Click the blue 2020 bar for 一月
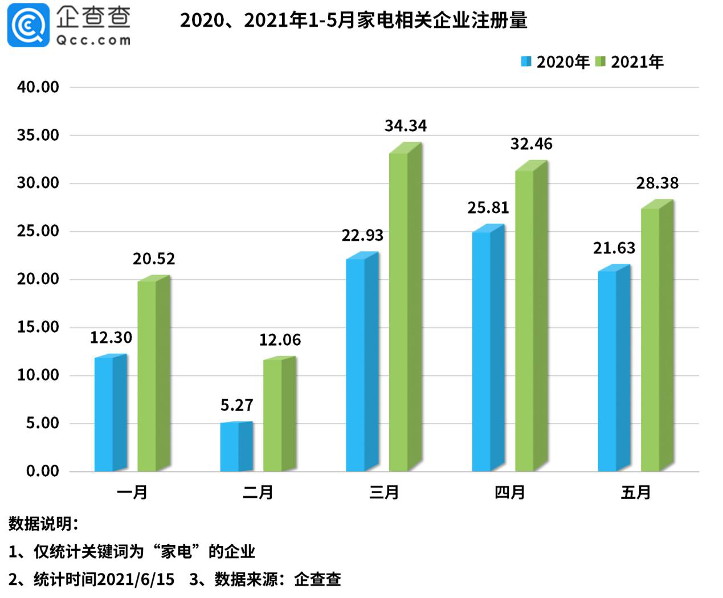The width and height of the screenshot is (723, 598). tap(110, 414)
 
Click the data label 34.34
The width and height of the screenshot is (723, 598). tap(406, 126)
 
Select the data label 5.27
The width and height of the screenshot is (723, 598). tap(236, 406)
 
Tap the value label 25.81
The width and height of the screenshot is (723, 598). tap(488, 208)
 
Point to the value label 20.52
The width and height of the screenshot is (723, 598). tap(154, 259)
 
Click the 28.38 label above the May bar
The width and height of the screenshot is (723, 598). tap(657, 183)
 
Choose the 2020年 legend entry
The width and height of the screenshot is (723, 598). tap(555, 62)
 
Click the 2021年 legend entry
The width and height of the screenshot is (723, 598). tap(630, 62)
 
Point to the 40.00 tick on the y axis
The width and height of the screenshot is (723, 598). tap(38, 87)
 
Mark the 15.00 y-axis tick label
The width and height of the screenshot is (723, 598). tap(38, 327)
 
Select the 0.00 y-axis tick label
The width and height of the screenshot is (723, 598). tap(42, 472)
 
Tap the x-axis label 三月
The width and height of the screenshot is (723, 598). tap(383, 493)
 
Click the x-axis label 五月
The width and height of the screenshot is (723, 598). tap(635, 493)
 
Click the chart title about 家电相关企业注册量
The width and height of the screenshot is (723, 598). tap(353, 21)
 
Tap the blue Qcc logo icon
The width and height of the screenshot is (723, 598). tap(28, 25)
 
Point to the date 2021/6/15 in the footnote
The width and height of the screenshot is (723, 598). tap(136, 580)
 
